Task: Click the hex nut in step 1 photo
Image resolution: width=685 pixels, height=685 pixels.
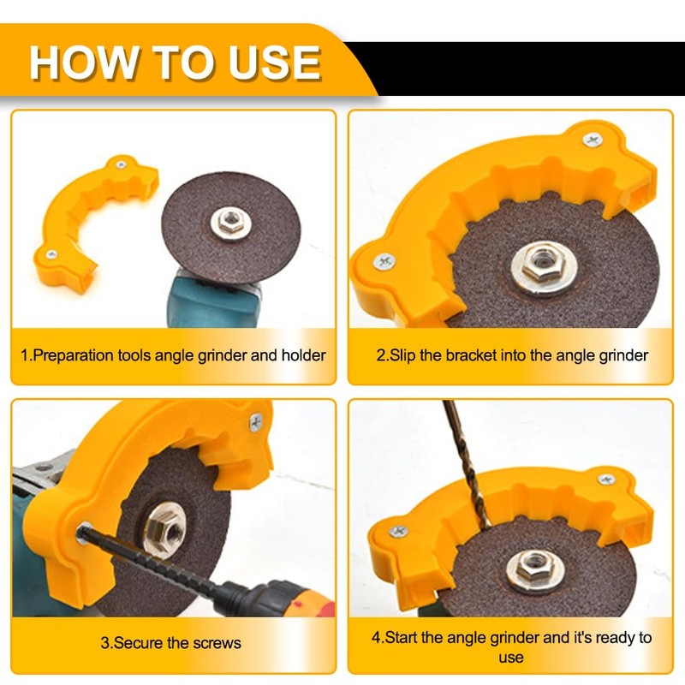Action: tap(229, 222)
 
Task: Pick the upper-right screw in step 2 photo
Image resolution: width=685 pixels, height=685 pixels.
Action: tap(592, 139)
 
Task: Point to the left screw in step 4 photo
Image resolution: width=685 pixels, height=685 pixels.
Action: tap(397, 532)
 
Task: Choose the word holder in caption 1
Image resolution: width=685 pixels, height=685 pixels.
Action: tap(304, 354)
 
